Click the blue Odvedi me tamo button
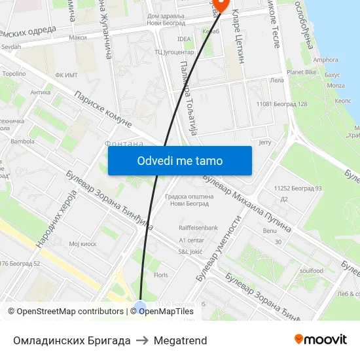179,160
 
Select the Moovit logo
321,340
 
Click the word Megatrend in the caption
180,340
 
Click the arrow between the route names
142,340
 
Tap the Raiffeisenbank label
198,228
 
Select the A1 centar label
192,240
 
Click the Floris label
161,276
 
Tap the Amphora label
325,60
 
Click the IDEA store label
184,39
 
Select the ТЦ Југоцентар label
174,52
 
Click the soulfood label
312,270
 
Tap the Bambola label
22,141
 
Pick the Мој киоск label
82,243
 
